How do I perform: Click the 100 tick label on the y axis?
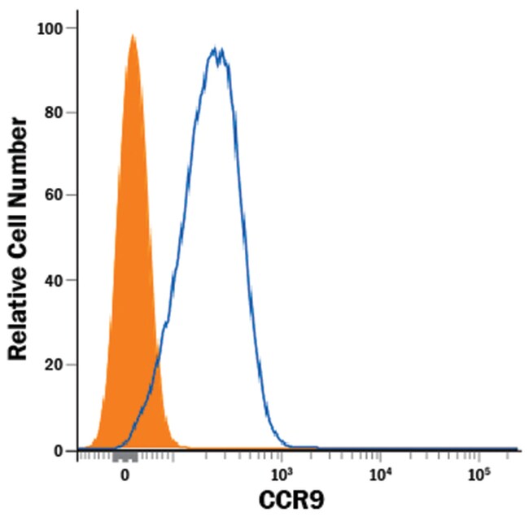coord(51,28)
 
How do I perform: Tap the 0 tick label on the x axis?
coord(125,473)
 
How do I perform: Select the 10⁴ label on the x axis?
coord(380,473)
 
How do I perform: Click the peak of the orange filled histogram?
coord(133,36)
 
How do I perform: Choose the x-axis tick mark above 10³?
coord(281,458)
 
